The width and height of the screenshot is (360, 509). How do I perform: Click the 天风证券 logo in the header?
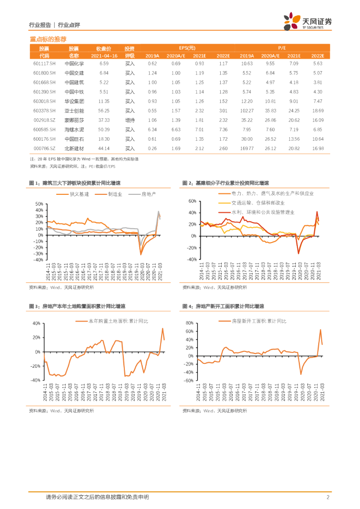pos(307,22)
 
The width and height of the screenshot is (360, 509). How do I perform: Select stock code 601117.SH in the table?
pos(44,64)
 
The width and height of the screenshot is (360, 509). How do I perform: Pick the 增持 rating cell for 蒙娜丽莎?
pos(130,120)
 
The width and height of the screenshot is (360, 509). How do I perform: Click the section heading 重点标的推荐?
pos(48,39)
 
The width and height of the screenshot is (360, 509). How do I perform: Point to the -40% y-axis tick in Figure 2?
pos(190,259)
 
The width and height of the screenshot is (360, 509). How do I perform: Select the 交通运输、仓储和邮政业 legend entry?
pos(258,203)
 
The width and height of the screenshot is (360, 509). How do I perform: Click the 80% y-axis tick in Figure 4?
pos(189,323)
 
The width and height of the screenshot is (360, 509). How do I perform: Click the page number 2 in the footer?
pos(328,497)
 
